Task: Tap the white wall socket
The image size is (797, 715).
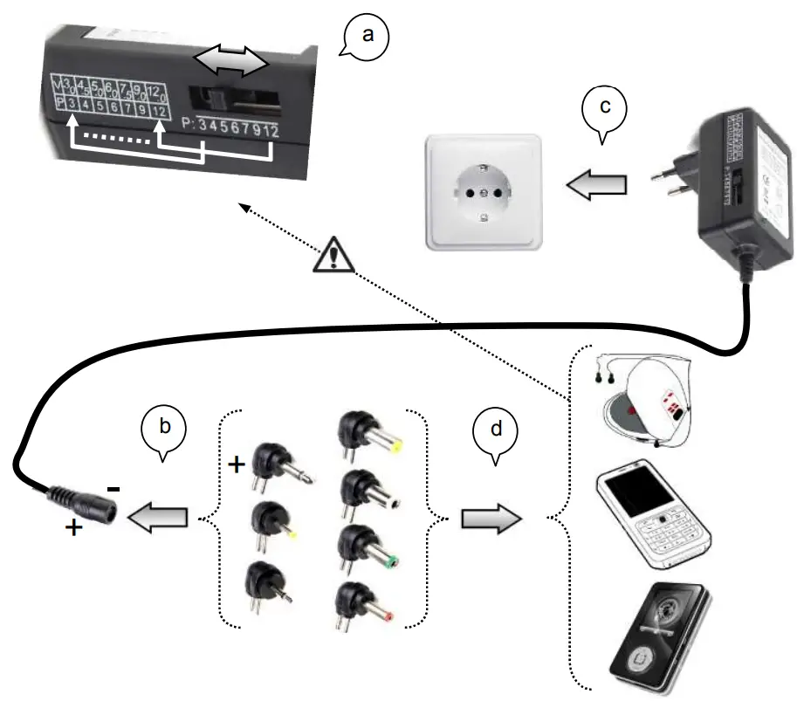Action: [x=483, y=189]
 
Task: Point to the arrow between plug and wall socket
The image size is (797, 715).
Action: [x=595, y=184]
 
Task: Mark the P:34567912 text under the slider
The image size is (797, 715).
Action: [x=233, y=129]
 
